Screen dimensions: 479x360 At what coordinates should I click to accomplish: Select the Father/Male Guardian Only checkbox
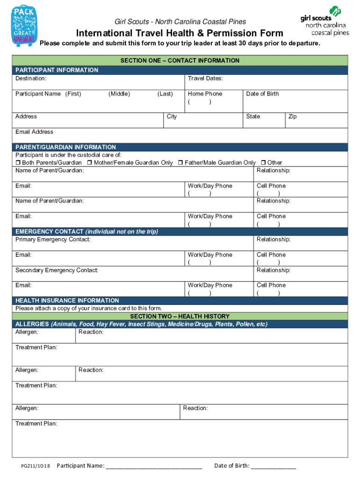[180, 163]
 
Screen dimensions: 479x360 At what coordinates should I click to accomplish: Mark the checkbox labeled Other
[263, 163]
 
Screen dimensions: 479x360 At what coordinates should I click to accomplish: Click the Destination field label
[31, 79]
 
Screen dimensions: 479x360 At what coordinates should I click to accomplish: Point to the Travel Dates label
[205, 79]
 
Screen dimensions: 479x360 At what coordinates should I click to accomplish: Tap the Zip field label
[293, 116]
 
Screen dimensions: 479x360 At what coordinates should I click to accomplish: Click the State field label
[253, 116]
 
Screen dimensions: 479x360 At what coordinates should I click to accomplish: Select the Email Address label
[34, 132]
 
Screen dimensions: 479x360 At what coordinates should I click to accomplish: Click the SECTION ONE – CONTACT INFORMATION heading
[180, 60]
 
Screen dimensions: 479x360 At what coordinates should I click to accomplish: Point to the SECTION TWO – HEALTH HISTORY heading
[180, 317]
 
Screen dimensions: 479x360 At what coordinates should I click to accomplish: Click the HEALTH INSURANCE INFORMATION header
[67, 300]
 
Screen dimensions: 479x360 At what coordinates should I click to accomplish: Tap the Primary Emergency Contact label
[53, 239]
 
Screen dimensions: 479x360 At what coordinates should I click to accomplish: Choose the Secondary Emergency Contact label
[57, 270]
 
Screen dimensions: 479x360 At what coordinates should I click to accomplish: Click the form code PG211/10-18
[36, 466]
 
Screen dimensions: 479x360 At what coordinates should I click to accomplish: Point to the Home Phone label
[205, 94]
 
